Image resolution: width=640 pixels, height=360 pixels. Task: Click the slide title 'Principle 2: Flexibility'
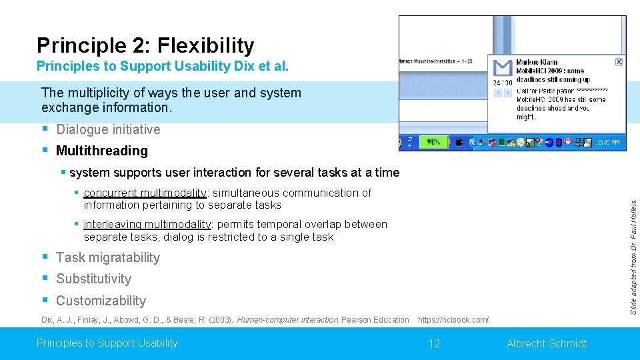pyautogui.click(x=145, y=45)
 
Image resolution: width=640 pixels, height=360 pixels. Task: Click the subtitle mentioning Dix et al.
pyautogui.click(x=163, y=67)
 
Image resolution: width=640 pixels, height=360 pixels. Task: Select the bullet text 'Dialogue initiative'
pyautogui.click(x=108, y=129)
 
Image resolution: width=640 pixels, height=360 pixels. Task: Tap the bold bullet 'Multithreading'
pyautogui.click(x=101, y=151)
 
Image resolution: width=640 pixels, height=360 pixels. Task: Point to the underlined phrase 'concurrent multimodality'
pyautogui.click(x=146, y=193)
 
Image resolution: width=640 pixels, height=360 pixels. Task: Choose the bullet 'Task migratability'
pyautogui.click(x=108, y=257)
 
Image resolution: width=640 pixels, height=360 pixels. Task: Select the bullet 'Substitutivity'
pyautogui.click(x=93, y=279)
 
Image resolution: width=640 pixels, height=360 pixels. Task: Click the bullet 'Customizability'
pyautogui.click(x=101, y=301)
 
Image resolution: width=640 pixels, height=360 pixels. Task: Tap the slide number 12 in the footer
pyautogui.click(x=434, y=343)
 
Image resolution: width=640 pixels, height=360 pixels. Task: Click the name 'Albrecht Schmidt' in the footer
pyautogui.click(x=547, y=343)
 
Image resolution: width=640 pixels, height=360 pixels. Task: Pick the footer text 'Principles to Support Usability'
pyautogui.click(x=107, y=343)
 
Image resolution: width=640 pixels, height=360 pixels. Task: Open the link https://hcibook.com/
pyautogui.click(x=454, y=320)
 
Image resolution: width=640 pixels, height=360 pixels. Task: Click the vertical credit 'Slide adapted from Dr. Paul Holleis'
pyautogui.click(x=634, y=253)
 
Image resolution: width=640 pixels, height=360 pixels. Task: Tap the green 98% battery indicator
pyautogui.click(x=433, y=142)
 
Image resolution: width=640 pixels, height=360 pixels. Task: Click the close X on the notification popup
pyautogui.click(x=619, y=61)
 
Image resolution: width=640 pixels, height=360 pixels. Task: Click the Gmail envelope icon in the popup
pyautogui.click(x=502, y=68)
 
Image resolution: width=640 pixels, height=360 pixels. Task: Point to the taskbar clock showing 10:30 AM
pyautogui.click(x=607, y=142)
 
